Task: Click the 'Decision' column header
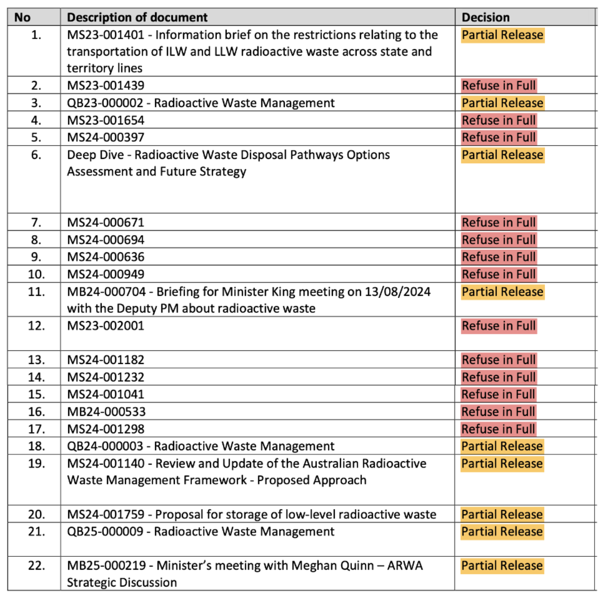[x=485, y=17]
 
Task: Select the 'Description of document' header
[x=137, y=17]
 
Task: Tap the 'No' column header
[x=22, y=17]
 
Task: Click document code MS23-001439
[x=106, y=86]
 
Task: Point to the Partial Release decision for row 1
[x=502, y=35]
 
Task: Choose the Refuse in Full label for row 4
[x=499, y=120]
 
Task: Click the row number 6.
[x=36, y=155]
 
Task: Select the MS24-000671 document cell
[x=106, y=222]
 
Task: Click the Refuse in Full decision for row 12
[x=499, y=326]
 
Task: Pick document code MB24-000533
[x=106, y=412]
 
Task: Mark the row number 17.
[x=36, y=429]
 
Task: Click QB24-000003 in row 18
[x=105, y=446]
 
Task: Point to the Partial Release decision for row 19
[x=502, y=464]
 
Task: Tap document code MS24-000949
[x=106, y=274]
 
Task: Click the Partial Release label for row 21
[x=502, y=531]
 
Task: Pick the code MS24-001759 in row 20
[x=106, y=514]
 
